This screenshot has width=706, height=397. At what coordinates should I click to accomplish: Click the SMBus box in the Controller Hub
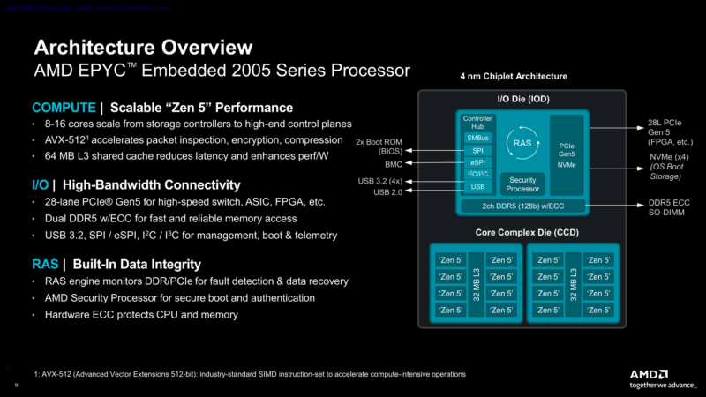[x=477, y=138]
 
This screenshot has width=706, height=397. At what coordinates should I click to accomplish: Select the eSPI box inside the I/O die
[x=477, y=162]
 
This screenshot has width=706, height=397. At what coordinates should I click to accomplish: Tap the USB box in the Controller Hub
[x=477, y=187]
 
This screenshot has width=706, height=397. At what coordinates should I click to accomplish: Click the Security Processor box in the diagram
[x=522, y=183]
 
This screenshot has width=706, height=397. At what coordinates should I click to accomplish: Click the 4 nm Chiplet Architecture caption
[x=514, y=77]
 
